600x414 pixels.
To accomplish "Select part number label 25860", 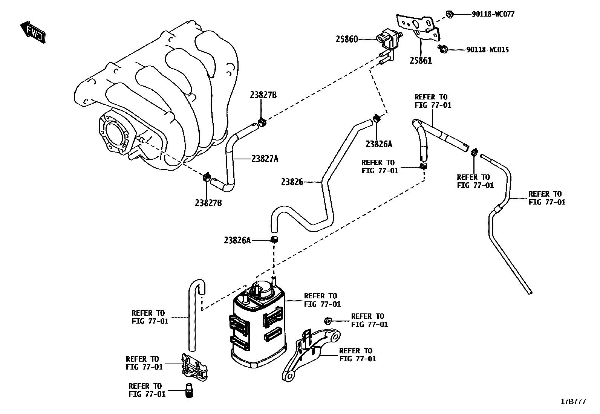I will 347,39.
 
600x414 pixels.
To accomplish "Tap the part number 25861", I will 421,61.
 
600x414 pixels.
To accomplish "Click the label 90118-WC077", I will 493,14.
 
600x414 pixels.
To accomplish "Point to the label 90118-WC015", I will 487,50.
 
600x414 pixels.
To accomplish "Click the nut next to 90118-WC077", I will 449,14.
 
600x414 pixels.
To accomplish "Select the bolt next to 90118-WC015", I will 443,49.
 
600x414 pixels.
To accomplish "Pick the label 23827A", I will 265,159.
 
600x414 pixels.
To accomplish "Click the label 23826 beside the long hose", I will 292,182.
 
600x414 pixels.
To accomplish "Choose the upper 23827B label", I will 263,95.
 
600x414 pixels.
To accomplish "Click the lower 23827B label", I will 208,203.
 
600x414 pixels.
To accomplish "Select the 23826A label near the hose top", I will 379,144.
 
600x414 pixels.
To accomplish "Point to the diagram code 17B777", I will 573,402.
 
